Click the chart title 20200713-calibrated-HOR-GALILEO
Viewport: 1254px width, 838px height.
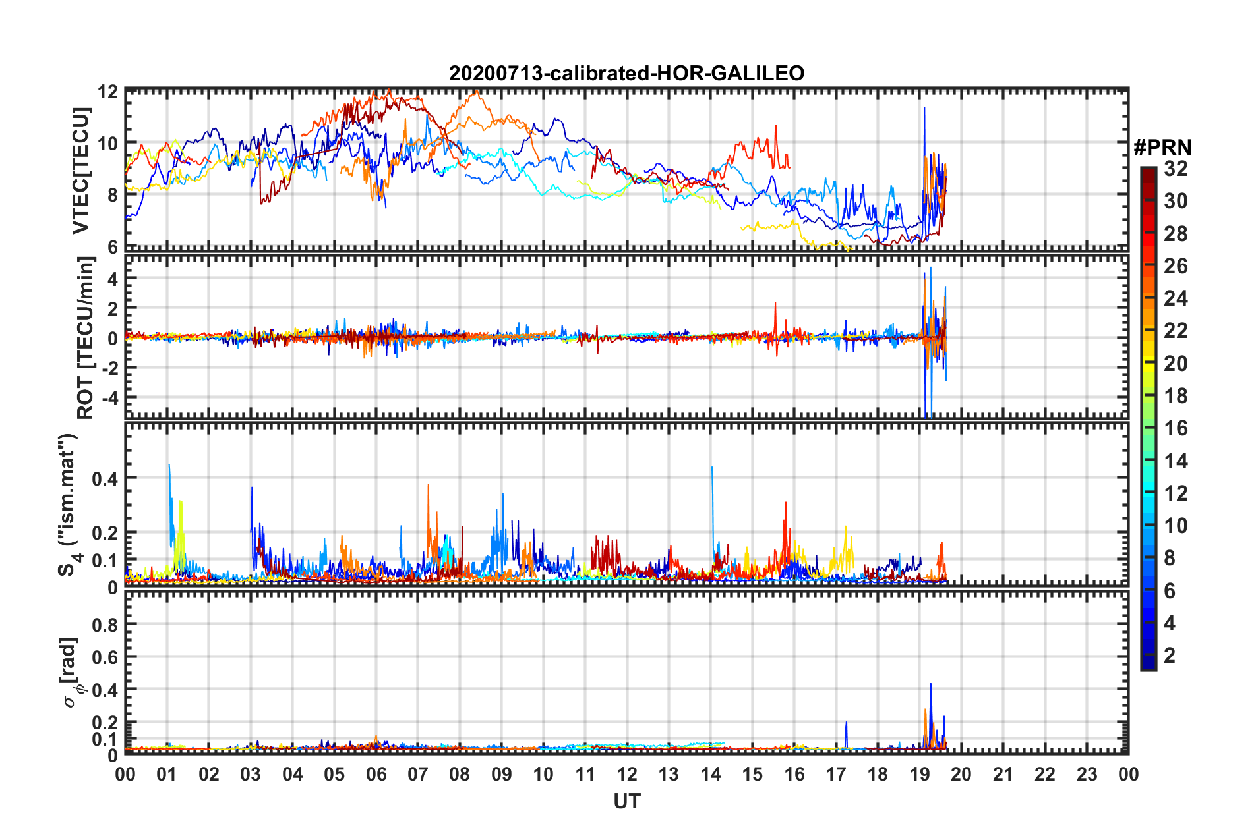(x=626, y=73)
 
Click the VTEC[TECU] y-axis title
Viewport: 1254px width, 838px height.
(x=80, y=171)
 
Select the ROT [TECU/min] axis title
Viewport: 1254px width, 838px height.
(x=86, y=338)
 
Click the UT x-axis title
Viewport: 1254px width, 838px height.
(x=626, y=801)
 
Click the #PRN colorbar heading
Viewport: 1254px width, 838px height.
(x=1162, y=148)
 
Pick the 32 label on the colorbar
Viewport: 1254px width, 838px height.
(x=1176, y=169)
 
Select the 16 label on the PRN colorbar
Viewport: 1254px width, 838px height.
(x=1176, y=429)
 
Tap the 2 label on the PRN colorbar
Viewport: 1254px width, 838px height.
(x=1170, y=656)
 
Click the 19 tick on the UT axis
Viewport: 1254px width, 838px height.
(x=920, y=774)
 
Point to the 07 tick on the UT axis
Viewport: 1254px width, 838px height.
(x=418, y=774)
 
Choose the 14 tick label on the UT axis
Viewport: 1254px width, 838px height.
(x=711, y=774)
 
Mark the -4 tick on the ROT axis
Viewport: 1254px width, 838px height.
(x=107, y=398)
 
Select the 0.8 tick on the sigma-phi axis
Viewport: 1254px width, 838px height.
(x=105, y=625)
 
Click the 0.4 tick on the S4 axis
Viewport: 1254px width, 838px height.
(x=105, y=478)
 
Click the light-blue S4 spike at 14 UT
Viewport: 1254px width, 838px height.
(x=712, y=469)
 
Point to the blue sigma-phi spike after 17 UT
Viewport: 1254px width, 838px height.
(x=846, y=723)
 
